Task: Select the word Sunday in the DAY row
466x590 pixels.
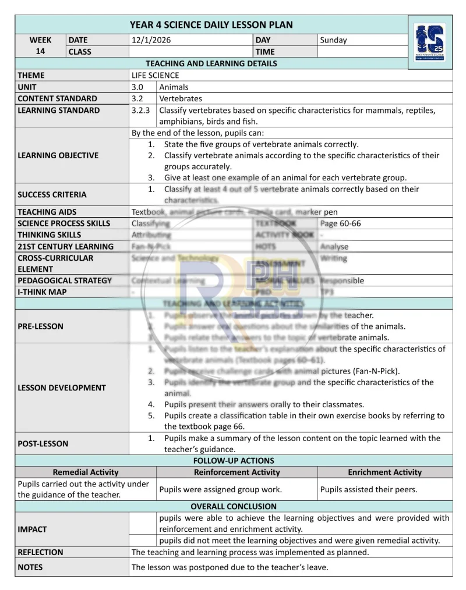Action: point(333,40)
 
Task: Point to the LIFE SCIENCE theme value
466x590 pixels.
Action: point(156,75)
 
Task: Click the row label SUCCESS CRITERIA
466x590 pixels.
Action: point(52,194)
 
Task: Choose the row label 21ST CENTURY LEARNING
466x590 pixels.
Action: point(65,246)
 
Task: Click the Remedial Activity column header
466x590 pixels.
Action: point(86,472)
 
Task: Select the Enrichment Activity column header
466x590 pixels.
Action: point(384,472)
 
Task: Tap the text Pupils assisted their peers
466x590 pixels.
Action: point(369,489)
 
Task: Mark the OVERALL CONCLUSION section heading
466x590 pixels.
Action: point(234,506)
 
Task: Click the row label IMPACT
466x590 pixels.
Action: point(32,529)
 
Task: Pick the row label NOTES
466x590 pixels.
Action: point(30,567)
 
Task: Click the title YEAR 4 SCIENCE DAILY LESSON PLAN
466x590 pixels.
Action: point(211,24)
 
